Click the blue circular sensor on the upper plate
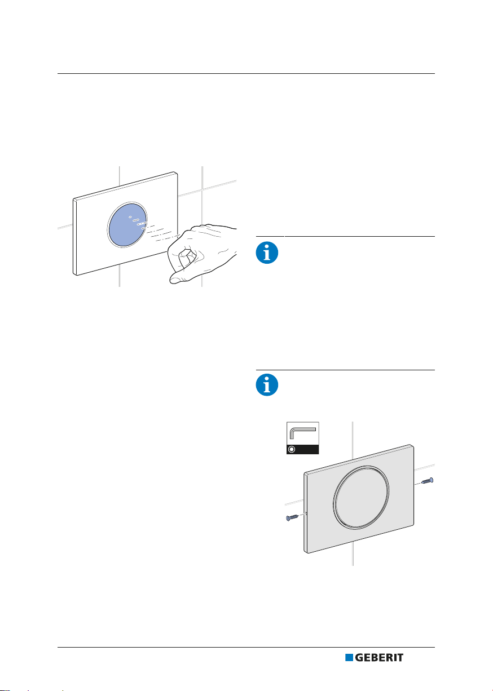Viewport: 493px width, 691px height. (127, 224)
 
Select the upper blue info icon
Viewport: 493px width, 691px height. (267, 253)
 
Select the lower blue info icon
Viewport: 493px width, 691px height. (267, 385)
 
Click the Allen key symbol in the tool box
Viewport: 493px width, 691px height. (302, 432)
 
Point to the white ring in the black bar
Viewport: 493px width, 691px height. (292, 449)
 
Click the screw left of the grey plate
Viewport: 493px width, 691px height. (292, 517)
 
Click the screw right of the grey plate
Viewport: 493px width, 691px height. (428, 481)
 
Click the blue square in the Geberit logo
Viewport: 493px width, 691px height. (349, 657)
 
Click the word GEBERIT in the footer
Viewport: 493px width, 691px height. (379, 657)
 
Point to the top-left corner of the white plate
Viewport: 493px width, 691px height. (73, 199)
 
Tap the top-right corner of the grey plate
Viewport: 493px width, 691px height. (413, 445)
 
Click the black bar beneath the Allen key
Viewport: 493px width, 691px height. (302, 449)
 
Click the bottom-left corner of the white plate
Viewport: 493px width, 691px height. (74, 274)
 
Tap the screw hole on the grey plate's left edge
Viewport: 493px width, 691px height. (305, 513)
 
